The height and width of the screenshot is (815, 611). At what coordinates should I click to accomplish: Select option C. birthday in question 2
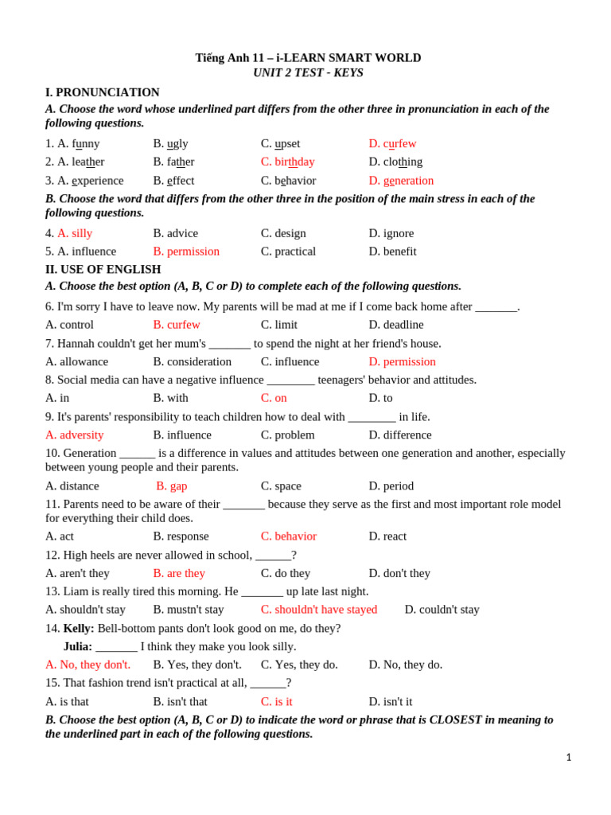pos(287,162)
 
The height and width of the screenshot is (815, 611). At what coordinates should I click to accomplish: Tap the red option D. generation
pos(401,181)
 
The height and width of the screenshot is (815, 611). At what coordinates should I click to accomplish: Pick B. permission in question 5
pos(186,252)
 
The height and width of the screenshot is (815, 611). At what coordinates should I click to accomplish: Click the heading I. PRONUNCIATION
pos(102,92)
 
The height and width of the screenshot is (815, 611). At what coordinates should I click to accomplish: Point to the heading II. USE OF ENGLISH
pos(103,269)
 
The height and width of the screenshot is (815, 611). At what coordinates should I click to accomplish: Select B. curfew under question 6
pos(177,325)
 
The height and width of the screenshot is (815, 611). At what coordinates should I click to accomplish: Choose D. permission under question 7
pos(402,361)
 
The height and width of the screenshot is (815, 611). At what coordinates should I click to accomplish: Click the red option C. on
pos(274,398)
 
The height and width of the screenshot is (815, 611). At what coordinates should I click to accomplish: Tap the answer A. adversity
pos(74,435)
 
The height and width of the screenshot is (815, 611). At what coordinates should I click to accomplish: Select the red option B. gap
pos(172,485)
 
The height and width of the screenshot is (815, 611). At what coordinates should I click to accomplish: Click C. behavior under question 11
pos(289,536)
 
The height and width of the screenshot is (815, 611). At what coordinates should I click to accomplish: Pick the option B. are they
pos(179,573)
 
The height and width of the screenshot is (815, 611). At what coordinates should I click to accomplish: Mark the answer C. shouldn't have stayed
pos(319,610)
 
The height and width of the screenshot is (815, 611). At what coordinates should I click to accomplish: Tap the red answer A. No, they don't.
pos(88,665)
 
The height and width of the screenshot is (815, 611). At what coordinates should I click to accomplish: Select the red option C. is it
pos(277,701)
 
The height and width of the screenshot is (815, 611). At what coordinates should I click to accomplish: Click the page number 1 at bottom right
pos(569,757)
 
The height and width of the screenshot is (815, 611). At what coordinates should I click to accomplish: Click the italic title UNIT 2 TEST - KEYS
pos(308,72)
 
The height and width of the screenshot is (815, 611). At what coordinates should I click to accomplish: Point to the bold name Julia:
pos(78,646)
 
